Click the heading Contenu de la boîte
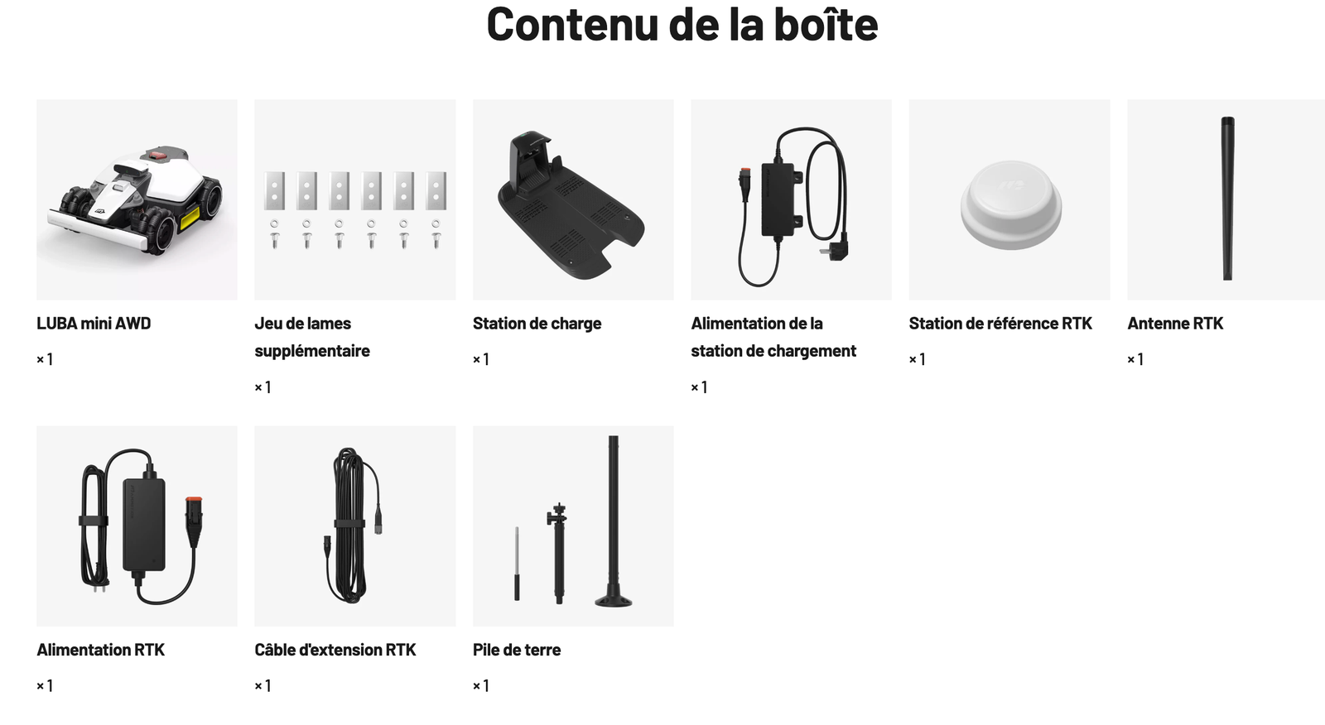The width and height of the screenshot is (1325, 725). tap(682, 24)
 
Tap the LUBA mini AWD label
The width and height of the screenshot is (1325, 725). tap(94, 324)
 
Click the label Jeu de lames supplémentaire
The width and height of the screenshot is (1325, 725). tap(312, 337)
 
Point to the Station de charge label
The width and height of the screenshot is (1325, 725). tap(537, 324)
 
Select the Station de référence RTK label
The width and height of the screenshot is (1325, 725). tap(1000, 324)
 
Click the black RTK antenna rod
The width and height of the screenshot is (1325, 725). tap(1227, 199)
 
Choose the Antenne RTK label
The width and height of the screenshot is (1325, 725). tap(1175, 324)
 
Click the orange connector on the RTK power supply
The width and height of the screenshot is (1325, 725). tap(194, 502)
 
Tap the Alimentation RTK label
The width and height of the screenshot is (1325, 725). tap(100, 650)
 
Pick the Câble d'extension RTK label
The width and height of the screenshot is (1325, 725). tap(335, 650)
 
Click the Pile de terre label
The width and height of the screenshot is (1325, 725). tap(517, 650)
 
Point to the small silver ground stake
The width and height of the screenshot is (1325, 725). tap(517, 564)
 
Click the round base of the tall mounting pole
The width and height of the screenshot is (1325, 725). tap(614, 600)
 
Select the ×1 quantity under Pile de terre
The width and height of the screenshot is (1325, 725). tap(481, 685)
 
